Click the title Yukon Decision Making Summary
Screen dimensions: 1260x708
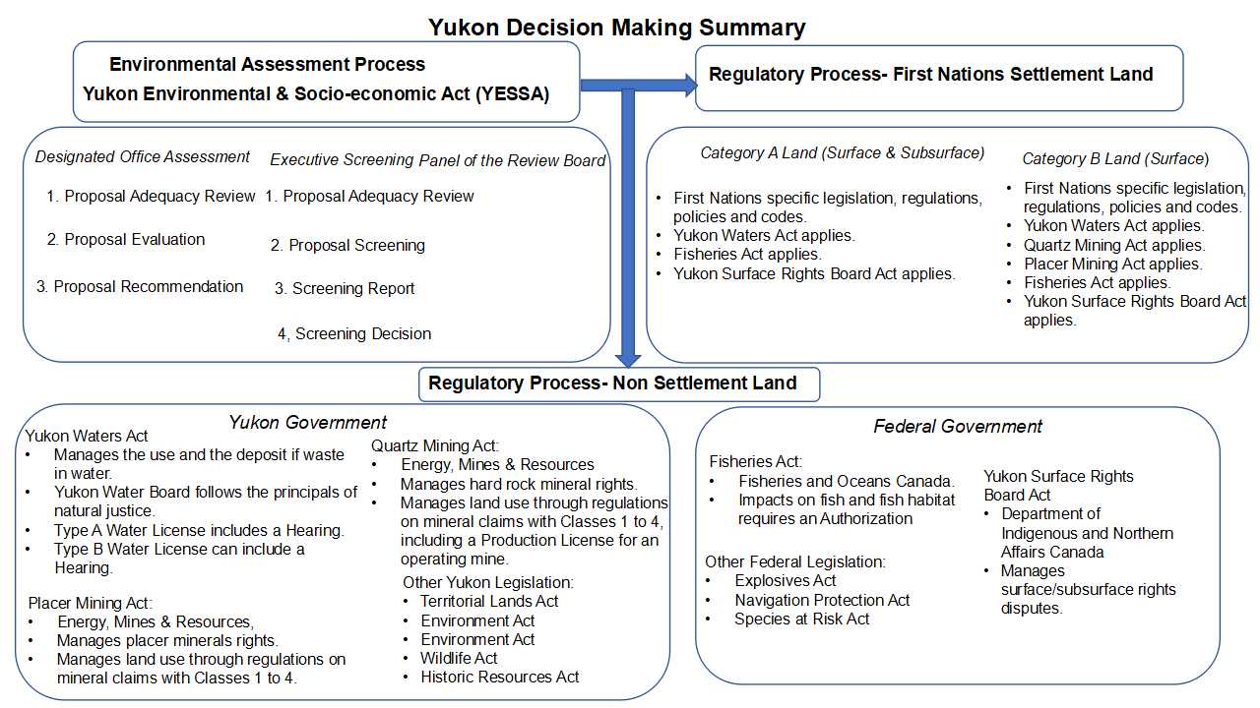[616, 27]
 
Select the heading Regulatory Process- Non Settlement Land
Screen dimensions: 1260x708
[612, 383]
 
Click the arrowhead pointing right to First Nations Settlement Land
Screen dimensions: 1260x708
[691, 86]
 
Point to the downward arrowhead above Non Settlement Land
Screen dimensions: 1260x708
[628, 361]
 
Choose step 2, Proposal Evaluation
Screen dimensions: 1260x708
[126, 239]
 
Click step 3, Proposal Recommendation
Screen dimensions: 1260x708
[140, 286]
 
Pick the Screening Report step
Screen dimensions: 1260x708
[345, 288]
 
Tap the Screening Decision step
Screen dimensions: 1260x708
[354, 333]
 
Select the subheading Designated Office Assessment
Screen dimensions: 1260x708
[143, 156]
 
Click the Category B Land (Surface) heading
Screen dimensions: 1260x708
[1115, 159]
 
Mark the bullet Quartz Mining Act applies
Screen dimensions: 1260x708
[1113, 245]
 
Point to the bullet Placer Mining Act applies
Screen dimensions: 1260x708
[1112, 265]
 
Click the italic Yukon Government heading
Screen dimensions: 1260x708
[308, 423]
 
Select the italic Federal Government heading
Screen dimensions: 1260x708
[958, 427]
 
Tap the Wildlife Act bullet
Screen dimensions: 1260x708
[459, 658]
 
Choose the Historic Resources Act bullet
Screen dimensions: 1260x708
[499, 678]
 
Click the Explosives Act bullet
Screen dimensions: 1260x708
[786, 580]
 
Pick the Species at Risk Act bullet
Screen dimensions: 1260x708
[802, 619]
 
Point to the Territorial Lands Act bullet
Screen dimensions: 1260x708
[489, 601]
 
